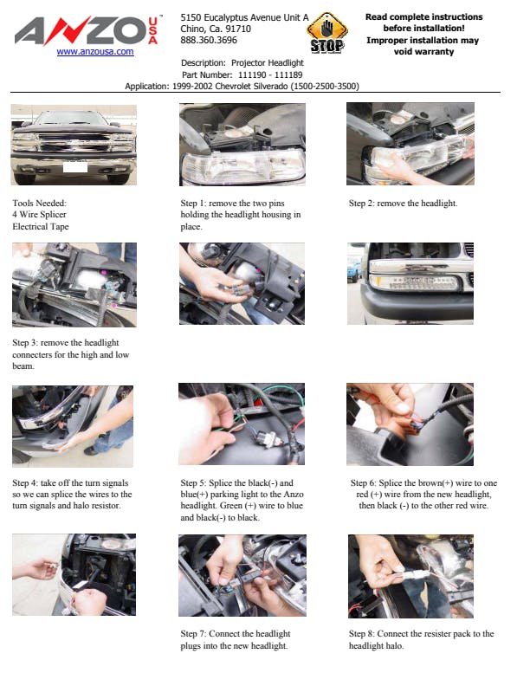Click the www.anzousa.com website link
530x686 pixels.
95,52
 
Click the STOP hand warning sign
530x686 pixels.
327,33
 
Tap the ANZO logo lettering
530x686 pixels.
81,30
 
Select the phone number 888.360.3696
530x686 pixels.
209,40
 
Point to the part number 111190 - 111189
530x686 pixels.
270,74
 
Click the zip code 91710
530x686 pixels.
238,29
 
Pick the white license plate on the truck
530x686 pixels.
75,166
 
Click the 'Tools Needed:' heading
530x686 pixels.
39,203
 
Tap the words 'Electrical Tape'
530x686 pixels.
41,227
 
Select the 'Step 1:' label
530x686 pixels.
193,204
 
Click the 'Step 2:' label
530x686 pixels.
362,204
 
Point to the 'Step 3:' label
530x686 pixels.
25,342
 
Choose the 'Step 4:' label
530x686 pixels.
25,483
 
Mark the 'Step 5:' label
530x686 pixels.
193,483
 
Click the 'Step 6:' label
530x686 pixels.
364,483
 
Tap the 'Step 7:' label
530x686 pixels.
193,633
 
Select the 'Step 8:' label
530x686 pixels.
362,633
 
